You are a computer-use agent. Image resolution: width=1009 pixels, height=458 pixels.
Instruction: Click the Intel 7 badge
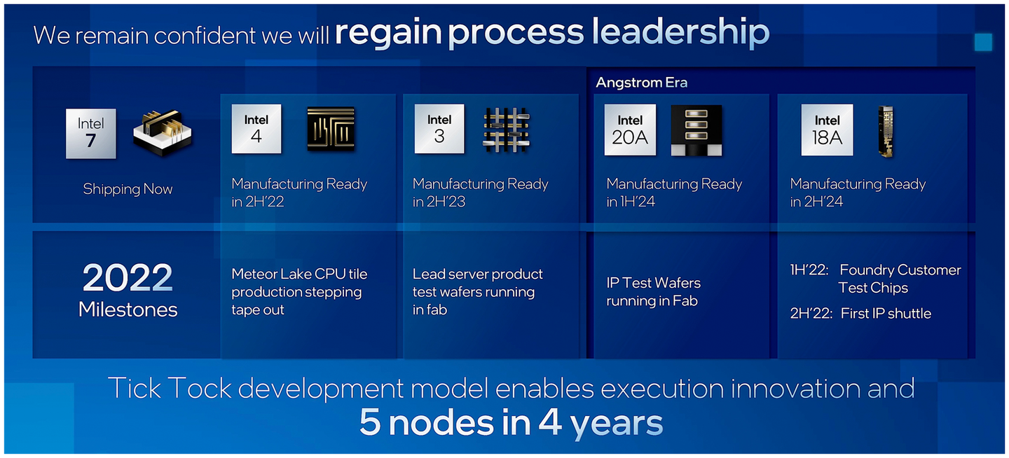click(91, 133)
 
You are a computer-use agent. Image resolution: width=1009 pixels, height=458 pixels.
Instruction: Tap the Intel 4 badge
click(256, 129)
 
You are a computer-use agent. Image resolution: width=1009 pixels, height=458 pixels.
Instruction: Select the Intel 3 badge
click(439, 129)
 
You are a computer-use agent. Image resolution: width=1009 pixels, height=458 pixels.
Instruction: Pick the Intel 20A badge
click(630, 130)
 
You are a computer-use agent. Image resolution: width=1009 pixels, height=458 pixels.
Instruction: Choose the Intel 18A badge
click(827, 130)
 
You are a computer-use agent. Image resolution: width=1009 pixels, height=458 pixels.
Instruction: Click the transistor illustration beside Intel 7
click(163, 132)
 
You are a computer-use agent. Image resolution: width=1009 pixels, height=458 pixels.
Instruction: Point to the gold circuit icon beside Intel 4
click(331, 129)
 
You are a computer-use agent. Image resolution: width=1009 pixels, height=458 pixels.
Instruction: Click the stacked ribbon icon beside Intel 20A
click(696, 130)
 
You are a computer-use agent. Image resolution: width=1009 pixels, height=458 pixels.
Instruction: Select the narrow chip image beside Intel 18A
click(886, 132)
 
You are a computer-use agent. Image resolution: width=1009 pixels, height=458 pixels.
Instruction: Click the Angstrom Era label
click(641, 83)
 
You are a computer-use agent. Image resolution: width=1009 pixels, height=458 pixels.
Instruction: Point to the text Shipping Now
click(128, 189)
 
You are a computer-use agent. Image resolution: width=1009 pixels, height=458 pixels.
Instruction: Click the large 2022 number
click(128, 279)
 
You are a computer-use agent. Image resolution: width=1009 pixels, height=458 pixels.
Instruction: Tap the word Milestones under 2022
click(128, 310)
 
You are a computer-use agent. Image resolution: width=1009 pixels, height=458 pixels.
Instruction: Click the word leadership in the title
click(680, 32)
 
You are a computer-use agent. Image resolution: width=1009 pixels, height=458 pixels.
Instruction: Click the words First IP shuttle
click(886, 314)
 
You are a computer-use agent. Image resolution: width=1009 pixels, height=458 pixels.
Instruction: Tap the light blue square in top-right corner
click(983, 42)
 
